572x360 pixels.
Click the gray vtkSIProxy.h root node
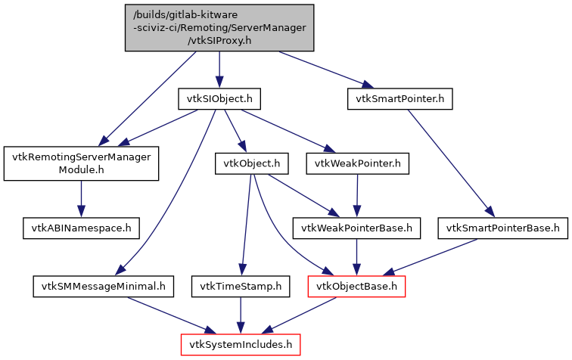point(219,28)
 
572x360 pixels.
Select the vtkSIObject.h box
point(219,99)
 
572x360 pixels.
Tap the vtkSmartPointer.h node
point(400,99)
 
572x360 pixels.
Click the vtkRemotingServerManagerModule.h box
point(81,164)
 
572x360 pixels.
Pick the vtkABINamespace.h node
point(81,227)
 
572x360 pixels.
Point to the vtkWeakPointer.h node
point(358,163)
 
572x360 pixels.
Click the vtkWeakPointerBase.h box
point(357,227)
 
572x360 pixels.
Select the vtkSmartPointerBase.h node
point(502,227)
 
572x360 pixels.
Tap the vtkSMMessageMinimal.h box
point(104,286)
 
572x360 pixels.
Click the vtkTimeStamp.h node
point(241,286)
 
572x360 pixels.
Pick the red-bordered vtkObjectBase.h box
point(356,286)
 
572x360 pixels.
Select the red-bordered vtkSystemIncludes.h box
point(241,345)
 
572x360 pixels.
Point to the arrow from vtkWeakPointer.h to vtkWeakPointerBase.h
point(358,195)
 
